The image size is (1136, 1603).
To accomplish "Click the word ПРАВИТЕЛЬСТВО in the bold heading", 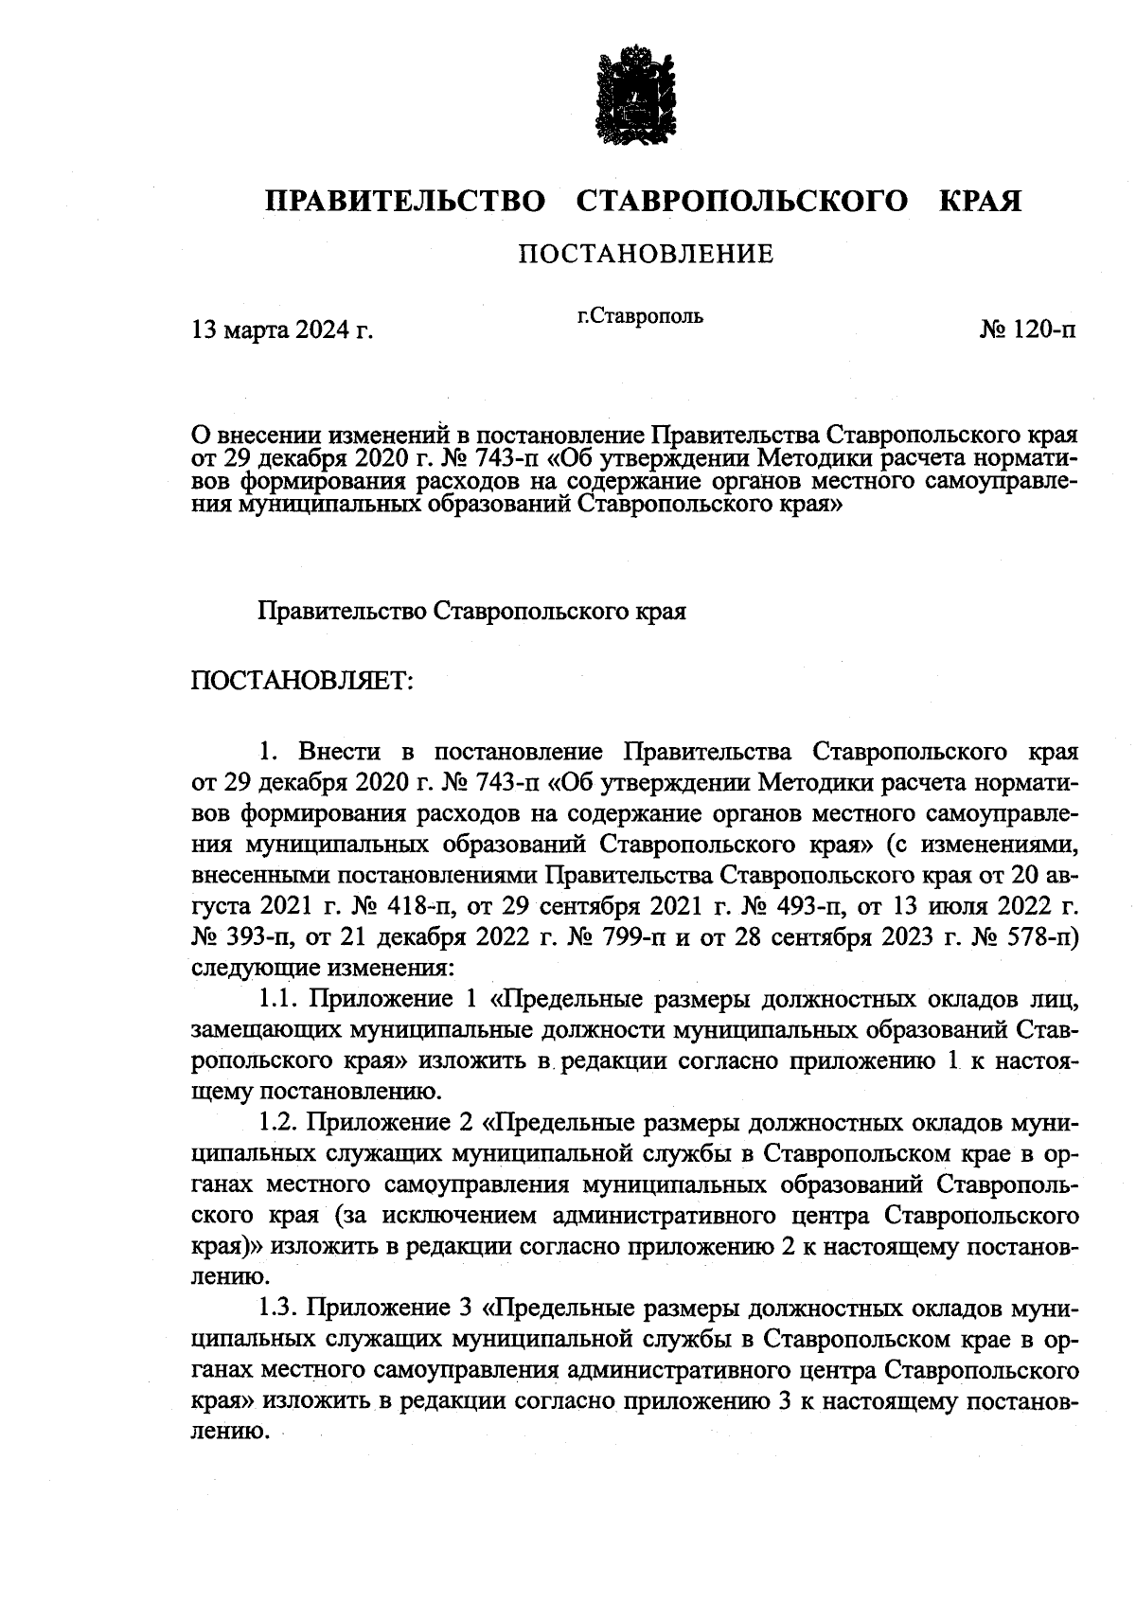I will (405, 202).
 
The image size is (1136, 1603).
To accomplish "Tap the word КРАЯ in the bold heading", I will (979, 202).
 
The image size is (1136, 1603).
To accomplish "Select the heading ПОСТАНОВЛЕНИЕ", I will (646, 254).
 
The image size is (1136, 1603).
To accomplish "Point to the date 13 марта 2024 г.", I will (282, 330).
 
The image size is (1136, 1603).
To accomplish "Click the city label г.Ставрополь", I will (640, 315).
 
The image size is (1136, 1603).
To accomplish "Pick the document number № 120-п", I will (1028, 330).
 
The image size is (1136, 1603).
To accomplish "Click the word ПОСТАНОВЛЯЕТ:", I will (302, 681).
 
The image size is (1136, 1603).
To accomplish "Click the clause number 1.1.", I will (279, 999).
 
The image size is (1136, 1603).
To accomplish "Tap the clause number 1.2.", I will (279, 1123).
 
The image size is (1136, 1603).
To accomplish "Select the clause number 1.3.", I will (279, 1309).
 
